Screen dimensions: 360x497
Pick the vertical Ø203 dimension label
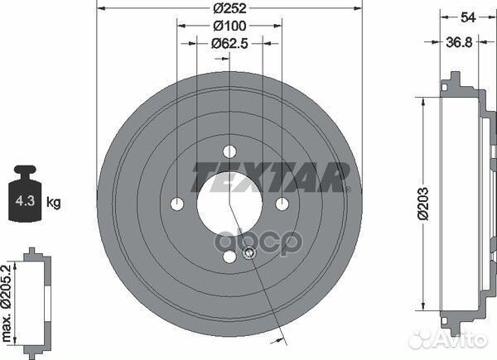point(422,203)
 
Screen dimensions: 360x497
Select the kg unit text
point(54,201)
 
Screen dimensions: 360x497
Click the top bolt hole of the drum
point(229,152)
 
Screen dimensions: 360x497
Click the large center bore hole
point(229,204)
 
